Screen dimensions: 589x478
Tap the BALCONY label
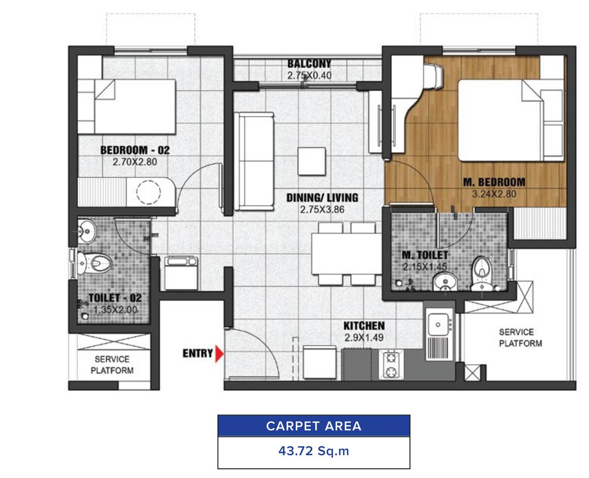tap(310, 63)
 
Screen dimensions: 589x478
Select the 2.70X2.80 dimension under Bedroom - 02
tap(135, 162)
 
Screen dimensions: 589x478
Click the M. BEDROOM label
tap(494, 182)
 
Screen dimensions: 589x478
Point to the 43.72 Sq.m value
tap(313, 451)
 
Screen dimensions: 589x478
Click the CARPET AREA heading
tap(313, 426)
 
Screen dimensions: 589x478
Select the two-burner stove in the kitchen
tap(391, 365)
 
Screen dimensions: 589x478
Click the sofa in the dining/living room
tap(254, 161)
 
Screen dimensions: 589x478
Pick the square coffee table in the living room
tap(312, 161)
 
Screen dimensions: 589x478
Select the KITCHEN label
tap(364, 325)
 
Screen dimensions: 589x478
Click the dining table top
tap(347, 254)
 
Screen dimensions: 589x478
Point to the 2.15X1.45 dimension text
tap(425, 267)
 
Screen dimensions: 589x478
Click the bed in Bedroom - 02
tap(127, 107)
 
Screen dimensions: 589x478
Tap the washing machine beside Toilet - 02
tap(181, 273)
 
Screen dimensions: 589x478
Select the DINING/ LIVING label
tap(322, 197)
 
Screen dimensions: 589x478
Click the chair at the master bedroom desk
tap(433, 76)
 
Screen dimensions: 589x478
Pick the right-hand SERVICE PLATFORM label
tap(520, 338)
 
